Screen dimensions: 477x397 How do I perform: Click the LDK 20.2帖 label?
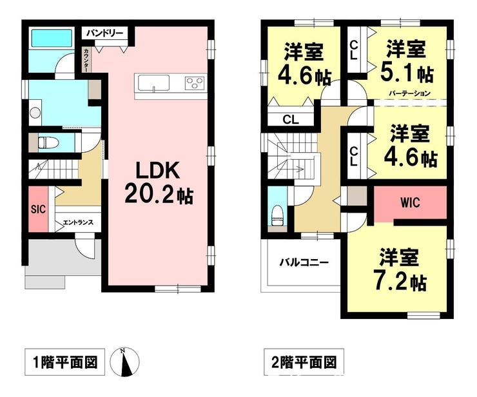(158, 183)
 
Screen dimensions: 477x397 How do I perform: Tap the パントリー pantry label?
(104, 33)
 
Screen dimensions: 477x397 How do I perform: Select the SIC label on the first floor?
(38, 209)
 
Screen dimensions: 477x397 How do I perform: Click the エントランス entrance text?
(78, 222)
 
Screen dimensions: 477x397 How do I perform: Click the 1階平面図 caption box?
(65, 362)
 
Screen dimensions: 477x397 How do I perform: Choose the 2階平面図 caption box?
(304, 362)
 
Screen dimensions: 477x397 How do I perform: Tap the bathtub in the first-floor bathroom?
(52, 38)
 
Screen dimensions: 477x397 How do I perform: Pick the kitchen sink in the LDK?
(153, 82)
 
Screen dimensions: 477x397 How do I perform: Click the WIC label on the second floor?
(409, 202)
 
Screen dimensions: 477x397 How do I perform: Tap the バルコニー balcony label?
(304, 262)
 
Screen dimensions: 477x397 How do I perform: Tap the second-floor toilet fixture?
(277, 215)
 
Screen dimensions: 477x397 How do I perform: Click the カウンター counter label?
(86, 60)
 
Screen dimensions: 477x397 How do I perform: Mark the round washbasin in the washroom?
(35, 113)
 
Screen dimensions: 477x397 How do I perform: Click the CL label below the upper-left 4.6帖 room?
(291, 120)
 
